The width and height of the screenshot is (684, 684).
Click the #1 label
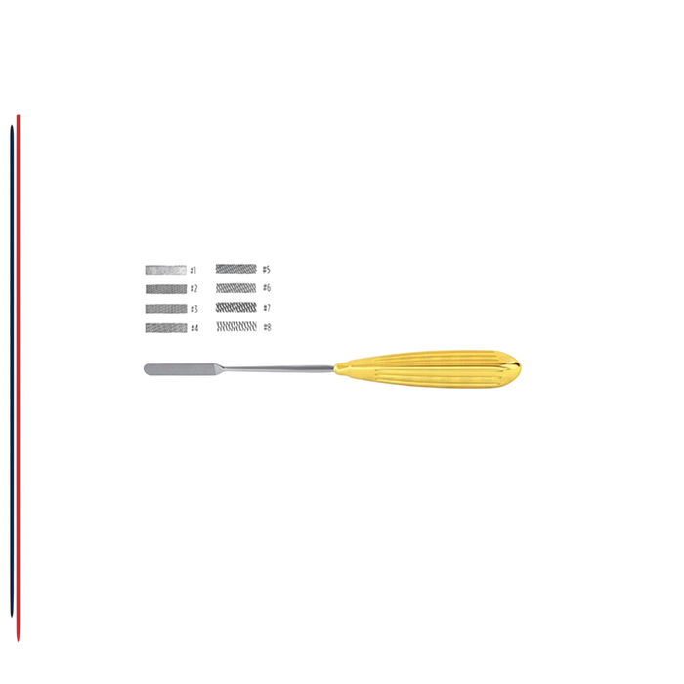coord(193,271)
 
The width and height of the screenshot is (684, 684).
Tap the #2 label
coord(193,289)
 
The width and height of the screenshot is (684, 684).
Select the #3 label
coord(193,309)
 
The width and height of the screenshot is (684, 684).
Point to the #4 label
coord(194,328)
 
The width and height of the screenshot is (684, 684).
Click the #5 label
coord(266,270)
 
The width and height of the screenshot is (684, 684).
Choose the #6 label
coord(267,288)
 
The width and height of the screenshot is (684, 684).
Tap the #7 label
coord(267,308)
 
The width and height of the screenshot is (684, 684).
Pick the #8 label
coord(267,327)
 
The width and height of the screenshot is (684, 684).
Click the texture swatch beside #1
coord(166,270)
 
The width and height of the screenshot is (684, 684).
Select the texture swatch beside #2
coord(166,289)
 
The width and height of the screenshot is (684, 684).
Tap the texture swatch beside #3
coord(166,309)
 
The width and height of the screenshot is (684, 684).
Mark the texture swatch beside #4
coord(166,327)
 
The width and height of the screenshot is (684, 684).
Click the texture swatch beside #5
coord(236,269)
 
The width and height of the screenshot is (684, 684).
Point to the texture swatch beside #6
coord(236,288)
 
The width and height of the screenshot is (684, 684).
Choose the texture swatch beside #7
coord(236,308)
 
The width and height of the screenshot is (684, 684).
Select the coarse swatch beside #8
coord(236,326)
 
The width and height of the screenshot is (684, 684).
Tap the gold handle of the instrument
coord(427,368)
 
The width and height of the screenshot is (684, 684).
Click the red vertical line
coord(18,378)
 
